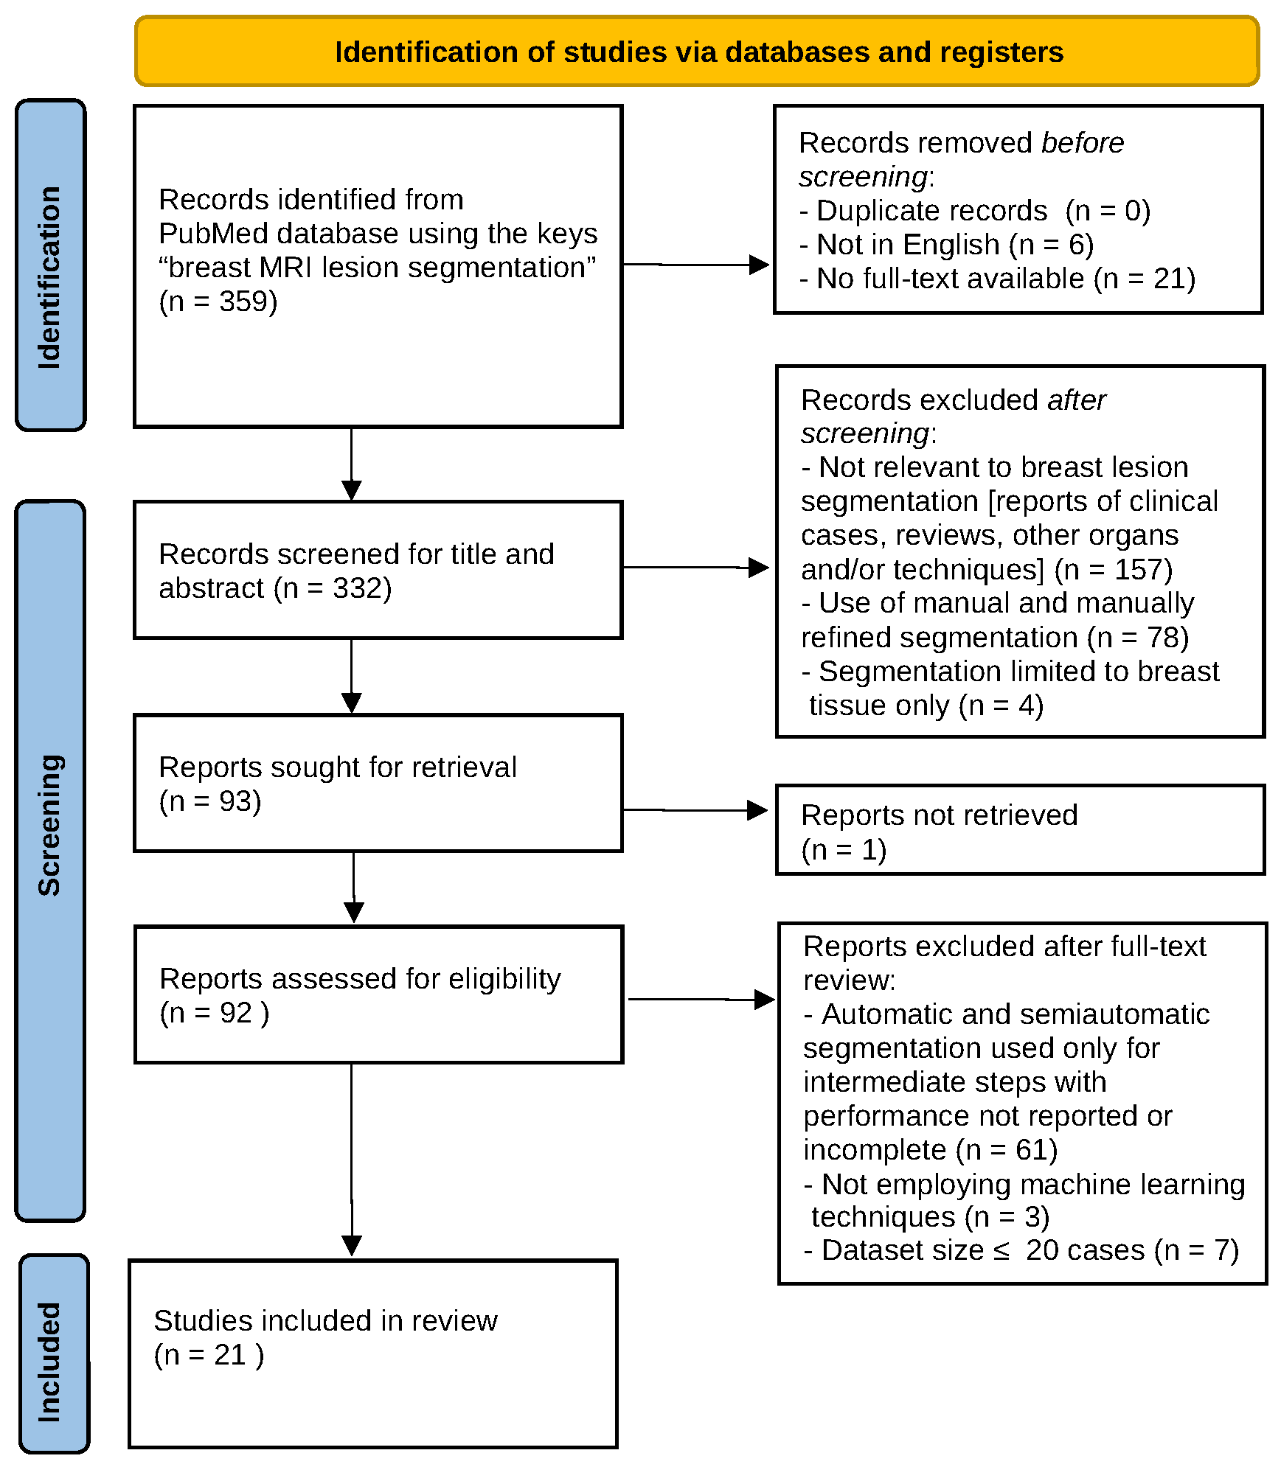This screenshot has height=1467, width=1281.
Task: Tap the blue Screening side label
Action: coord(50,825)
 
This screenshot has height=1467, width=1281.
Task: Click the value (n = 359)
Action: coord(218,302)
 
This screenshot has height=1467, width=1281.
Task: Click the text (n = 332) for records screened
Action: coord(333,588)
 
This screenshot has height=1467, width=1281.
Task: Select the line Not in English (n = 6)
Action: coord(947,245)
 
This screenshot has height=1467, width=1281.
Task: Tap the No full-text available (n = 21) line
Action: coord(998,279)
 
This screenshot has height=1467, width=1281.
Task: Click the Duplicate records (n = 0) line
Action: coord(974,211)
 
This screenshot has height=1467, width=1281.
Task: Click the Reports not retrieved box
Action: coord(1020,830)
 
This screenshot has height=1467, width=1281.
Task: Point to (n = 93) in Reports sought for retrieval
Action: coord(210,801)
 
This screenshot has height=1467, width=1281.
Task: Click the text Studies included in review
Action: coord(325,1321)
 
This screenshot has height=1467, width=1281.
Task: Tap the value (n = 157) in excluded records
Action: coord(1114,570)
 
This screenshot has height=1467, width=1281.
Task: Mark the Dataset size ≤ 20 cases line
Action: coord(1021,1250)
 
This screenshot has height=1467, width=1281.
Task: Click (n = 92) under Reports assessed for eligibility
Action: coord(214,1013)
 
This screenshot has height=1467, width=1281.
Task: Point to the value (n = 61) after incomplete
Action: coord(1007,1150)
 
